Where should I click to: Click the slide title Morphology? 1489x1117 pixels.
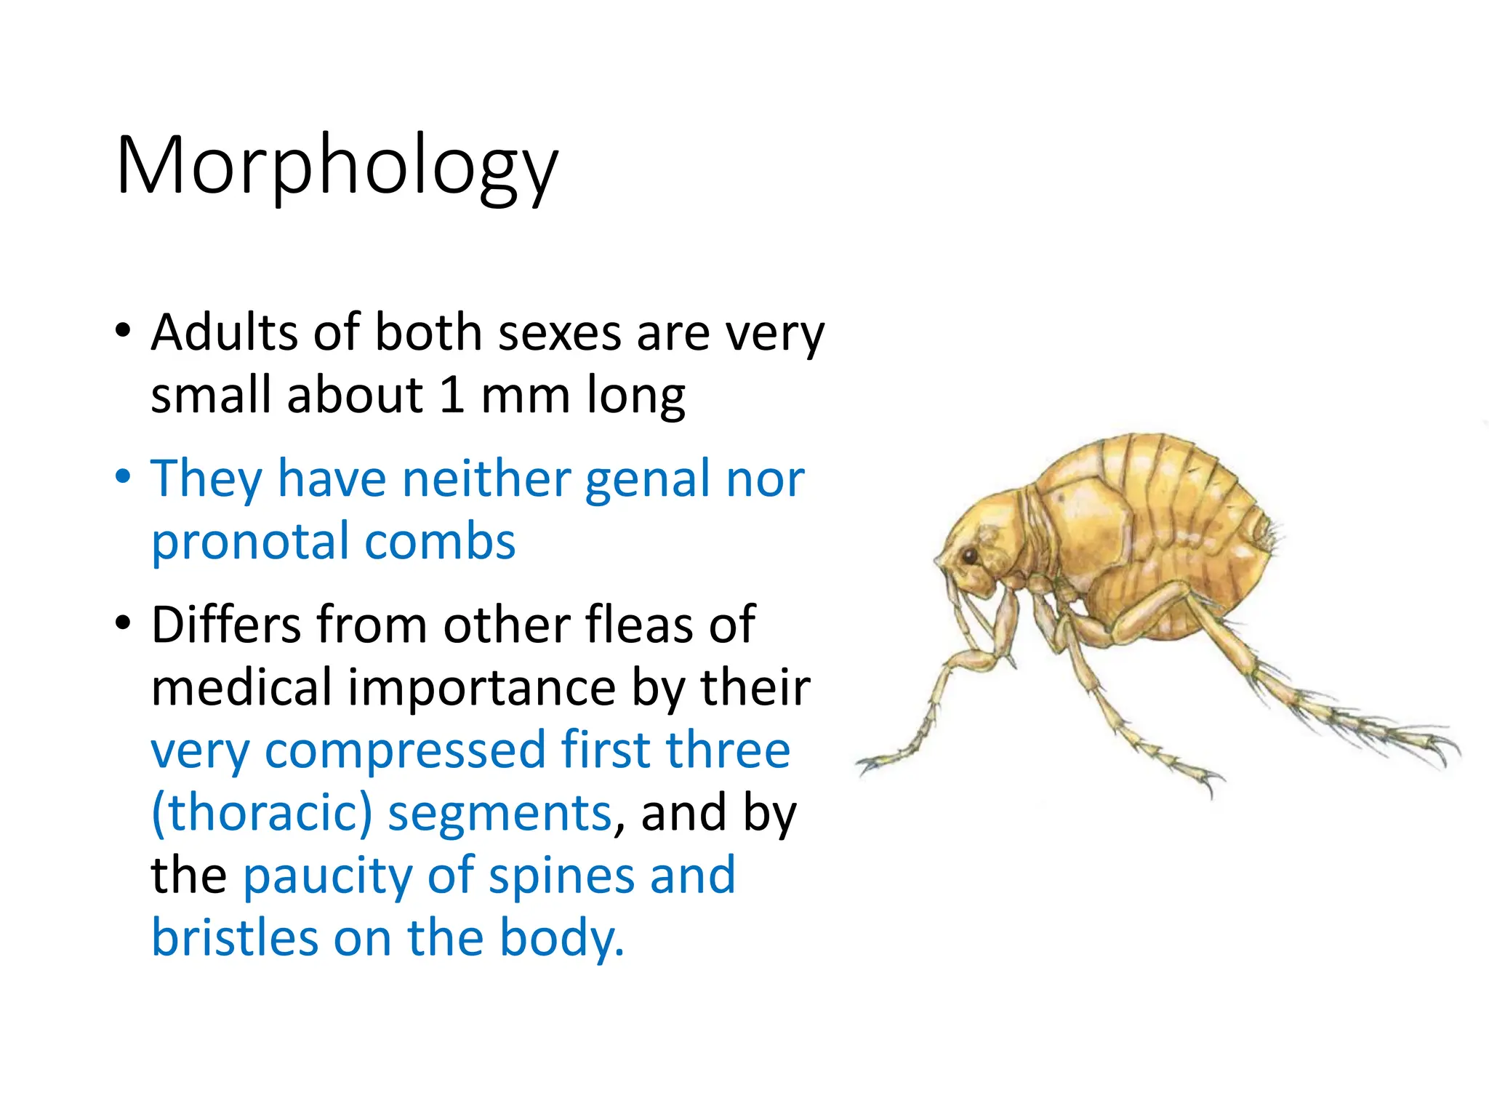pyautogui.click(x=337, y=166)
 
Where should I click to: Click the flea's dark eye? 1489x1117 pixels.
pyautogui.click(x=969, y=556)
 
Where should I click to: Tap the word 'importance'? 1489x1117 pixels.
pyautogui.click(x=482, y=687)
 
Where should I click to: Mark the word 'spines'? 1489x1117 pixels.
pyautogui.click(x=561, y=876)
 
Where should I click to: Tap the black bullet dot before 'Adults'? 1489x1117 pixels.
pyautogui.click(x=124, y=332)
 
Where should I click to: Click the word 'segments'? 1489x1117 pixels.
pyautogui.click(x=500, y=812)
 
